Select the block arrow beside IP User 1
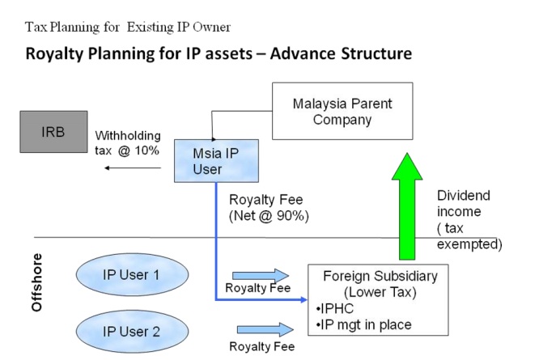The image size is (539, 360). coord(254,273)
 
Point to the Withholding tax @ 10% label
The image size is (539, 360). coord(128,142)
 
